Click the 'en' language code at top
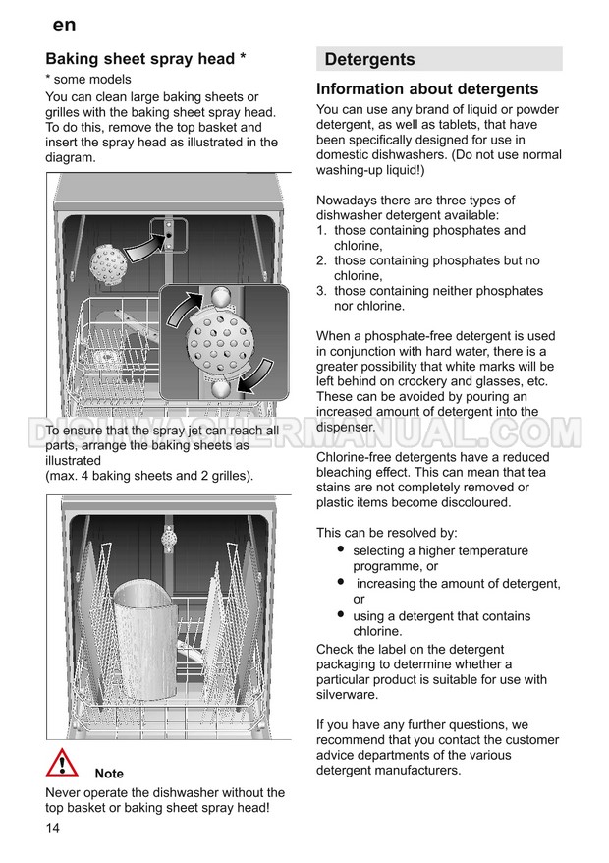pyautogui.click(x=64, y=25)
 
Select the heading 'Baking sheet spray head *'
pyautogui.click(x=145, y=59)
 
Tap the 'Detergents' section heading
pyautogui.click(x=369, y=59)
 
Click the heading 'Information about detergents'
pyautogui.click(x=427, y=89)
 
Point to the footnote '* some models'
pyautogui.click(x=88, y=79)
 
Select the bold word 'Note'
pyautogui.click(x=109, y=774)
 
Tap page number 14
pyautogui.click(x=53, y=828)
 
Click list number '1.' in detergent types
pyautogui.click(x=321, y=231)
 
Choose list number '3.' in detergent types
pyautogui.click(x=321, y=291)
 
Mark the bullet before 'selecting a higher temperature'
pyautogui.click(x=340, y=549)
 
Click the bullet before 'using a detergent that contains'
pyautogui.click(x=340, y=615)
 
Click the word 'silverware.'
pyautogui.click(x=348, y=694)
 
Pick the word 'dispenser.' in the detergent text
pyautogui.click(x=346, y=427)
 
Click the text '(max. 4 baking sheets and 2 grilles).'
pyautogui.click(x=149, y=476)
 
